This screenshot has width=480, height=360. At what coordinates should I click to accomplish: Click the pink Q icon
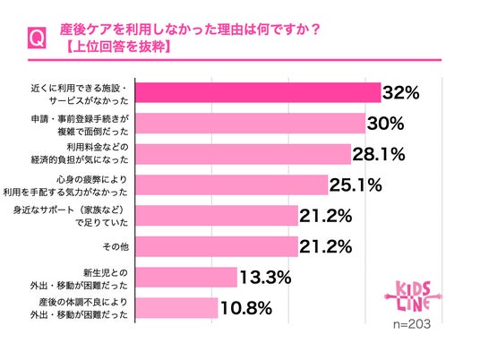click(37, 38)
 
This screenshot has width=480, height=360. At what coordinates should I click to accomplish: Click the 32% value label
click(400, 92)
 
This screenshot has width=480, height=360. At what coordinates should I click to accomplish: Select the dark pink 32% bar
click(258, 92)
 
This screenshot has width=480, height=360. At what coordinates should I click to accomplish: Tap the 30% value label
click(385, 124)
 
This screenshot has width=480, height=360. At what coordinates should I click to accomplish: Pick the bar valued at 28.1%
click(243, 154)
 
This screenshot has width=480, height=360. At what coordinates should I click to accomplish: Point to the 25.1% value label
click(356, 185)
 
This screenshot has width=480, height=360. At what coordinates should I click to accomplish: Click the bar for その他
click(217, 246)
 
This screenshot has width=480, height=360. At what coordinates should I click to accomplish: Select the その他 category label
click(116, 247)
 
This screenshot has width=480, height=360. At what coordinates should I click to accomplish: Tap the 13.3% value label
click(265, 278)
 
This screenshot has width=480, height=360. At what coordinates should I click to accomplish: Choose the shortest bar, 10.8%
click(176, 308)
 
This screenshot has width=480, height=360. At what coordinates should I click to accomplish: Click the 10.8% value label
click(246, 308)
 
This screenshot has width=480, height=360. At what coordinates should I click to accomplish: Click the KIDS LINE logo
click(413, 296)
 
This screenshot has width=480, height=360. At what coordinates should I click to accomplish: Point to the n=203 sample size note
click(412, 324)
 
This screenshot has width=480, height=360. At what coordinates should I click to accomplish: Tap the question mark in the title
click(315, 30)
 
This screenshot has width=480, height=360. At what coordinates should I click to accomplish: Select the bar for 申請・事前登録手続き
click(251, 124)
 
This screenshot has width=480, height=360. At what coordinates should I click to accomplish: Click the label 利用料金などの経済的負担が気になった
click(80, 153)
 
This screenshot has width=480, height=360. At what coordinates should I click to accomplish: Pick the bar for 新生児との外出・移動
click(186, 278)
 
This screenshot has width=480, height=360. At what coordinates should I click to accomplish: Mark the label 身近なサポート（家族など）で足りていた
click(71, 217)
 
